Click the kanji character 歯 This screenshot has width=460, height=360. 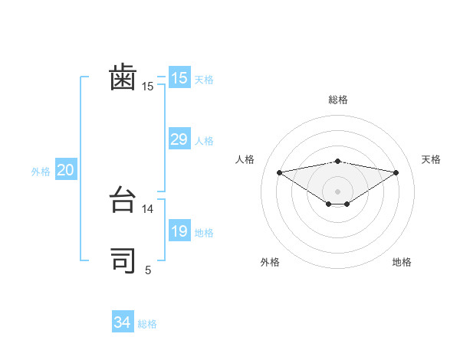(123, 79)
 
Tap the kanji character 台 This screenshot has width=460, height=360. (123, 201)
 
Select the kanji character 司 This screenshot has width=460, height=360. (123, 261)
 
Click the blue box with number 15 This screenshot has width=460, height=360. (179, 78)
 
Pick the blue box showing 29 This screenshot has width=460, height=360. (179, 139)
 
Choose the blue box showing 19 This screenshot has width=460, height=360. (179, 231)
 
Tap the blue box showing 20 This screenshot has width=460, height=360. (65, 170)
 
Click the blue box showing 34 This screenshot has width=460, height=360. (123, 322)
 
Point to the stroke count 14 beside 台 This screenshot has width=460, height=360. (149, 208)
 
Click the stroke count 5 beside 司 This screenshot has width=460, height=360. (149, 270)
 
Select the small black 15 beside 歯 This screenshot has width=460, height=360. (148, 87)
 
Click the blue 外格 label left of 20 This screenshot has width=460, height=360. (41, 172)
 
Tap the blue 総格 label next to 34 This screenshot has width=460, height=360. (147, 324)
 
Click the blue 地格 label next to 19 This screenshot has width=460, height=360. (204, 233)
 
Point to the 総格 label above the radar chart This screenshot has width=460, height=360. (338, 100)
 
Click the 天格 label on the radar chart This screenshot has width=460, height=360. (432, 159)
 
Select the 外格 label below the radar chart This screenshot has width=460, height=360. (270, 262)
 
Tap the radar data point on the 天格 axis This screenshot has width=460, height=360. (396, 172)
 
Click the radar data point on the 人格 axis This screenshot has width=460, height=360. (279, 172)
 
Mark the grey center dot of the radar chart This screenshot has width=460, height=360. (337, 191)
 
